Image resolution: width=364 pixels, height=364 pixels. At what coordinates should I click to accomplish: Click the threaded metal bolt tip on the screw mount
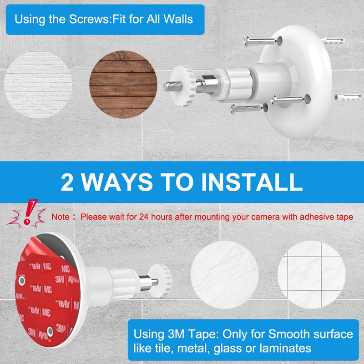[171, 85]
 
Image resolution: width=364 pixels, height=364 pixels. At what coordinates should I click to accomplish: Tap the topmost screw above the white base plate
[259, 41]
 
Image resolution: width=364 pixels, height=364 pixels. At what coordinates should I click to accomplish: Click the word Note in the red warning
[61, 217]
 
